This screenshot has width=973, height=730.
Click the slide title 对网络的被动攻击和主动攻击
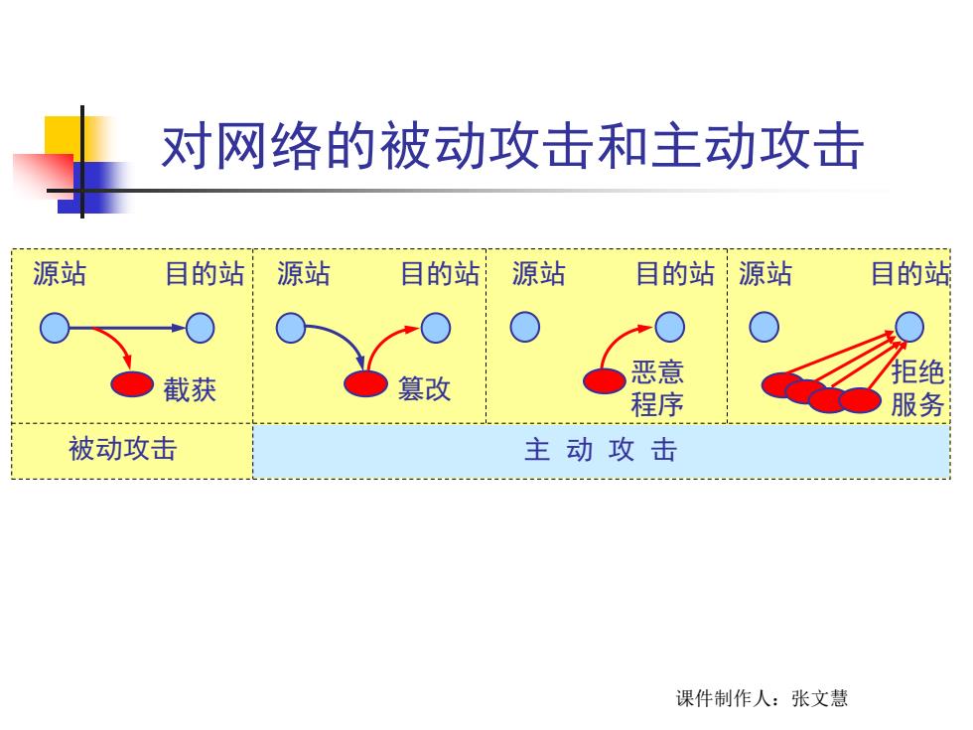coord(512,147)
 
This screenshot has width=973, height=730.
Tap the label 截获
coord(190,389)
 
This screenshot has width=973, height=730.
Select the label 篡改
coord(425,388)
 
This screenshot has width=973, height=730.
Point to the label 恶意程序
coord(657,388)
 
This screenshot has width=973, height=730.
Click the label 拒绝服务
coord(917,388)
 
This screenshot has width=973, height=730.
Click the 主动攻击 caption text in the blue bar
coord(601,449)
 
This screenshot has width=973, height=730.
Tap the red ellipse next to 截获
coord(132,384)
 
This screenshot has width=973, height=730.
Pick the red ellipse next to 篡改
coord(365,383)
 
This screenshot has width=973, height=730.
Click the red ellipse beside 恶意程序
coord(605,380)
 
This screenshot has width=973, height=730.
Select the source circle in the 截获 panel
coord(55,328)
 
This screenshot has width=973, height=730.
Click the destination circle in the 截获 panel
coord(200,328)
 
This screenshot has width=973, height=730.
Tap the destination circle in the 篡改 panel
coord(436,328)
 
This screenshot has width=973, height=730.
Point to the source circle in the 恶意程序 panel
coord(525,327)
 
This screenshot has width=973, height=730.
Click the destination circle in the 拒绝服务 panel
coord(909,327)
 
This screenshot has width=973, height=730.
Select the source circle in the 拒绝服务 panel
coord(764,327)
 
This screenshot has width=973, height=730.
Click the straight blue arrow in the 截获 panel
coord(127,328)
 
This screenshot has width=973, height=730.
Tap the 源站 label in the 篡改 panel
coord(304,274)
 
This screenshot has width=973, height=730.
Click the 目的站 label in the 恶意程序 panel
coord(675,274)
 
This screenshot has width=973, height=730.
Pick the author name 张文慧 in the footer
coord(820,698)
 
